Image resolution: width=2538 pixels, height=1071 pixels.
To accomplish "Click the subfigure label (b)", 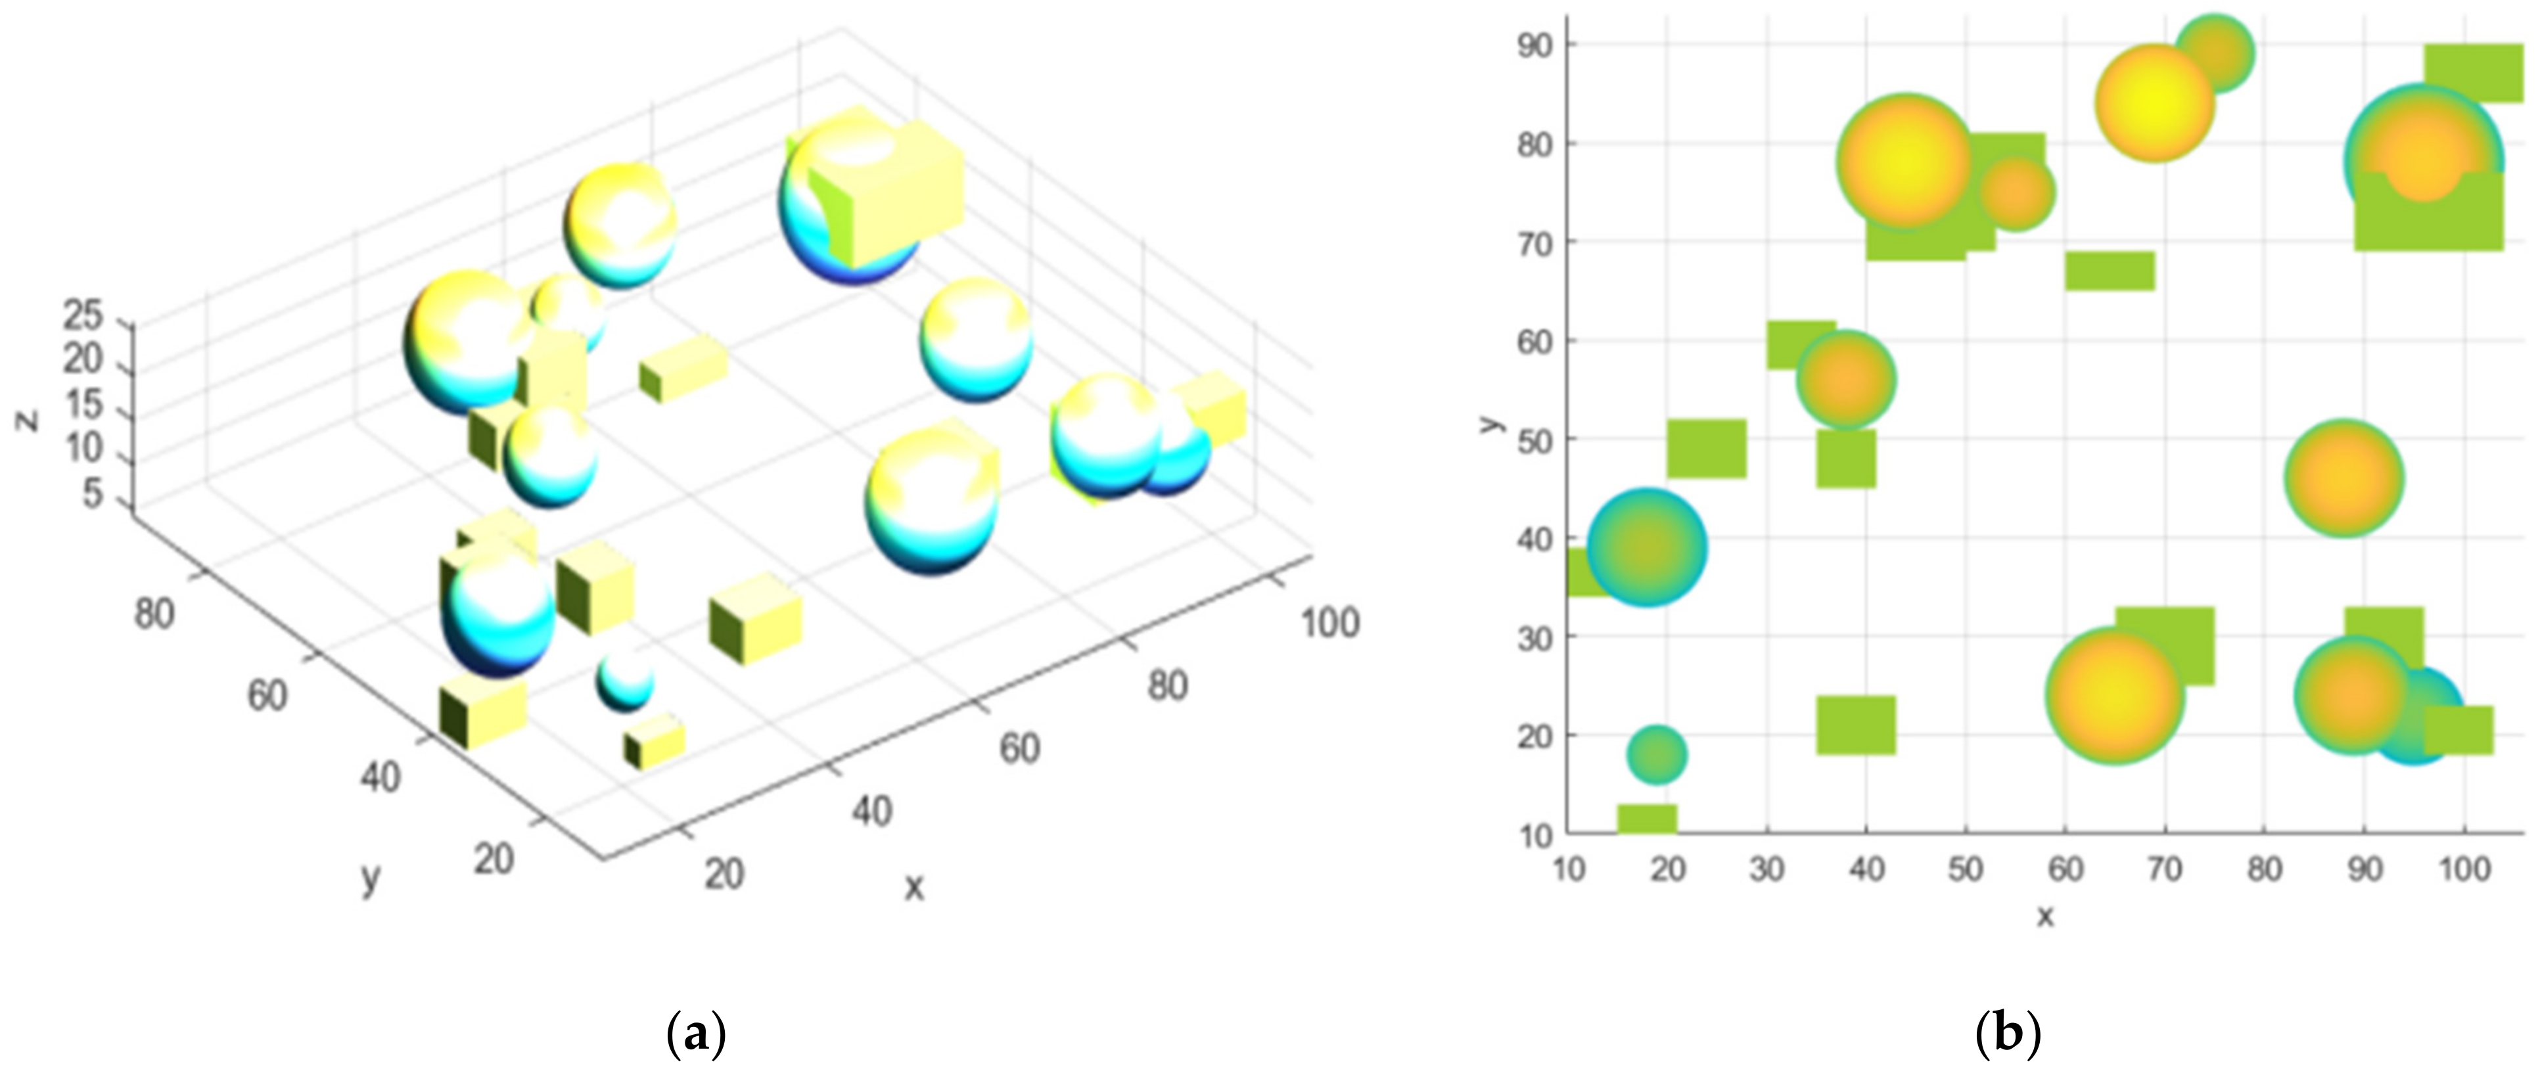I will point(2007,1036).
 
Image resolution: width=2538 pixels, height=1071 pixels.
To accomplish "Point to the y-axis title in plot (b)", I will point(1490,424).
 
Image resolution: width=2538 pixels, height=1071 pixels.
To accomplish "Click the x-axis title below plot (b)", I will point(2045,917).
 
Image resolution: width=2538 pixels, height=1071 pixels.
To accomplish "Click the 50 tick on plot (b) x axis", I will point(1966,870).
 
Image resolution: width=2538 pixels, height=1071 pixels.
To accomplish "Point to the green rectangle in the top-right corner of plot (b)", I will point(2473,72).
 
